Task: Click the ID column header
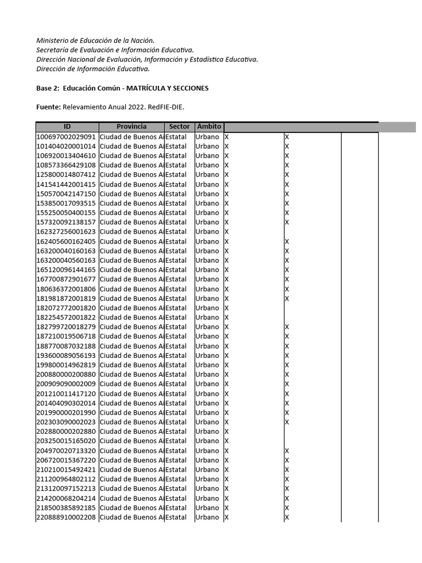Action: tap(67, 127)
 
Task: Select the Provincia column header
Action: tap(131, 127)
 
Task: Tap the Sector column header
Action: tap(179, 127)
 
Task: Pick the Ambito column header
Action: tap(209, 127)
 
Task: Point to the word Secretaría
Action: tap(55, 50)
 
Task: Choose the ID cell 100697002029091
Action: tap(66, 137)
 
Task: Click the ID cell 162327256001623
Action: tap(66, 232)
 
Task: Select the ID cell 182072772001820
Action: tap(66, 308)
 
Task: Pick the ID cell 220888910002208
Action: tap(66, 517)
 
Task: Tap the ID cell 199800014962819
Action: tap(66, 365)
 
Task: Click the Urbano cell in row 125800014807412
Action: tap(207, 175)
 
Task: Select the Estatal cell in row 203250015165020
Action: tap(176, 441)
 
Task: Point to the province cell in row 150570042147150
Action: tap(131, 194)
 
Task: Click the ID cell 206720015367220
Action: tap(66, 460)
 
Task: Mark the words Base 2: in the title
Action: tap(47, 88)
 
